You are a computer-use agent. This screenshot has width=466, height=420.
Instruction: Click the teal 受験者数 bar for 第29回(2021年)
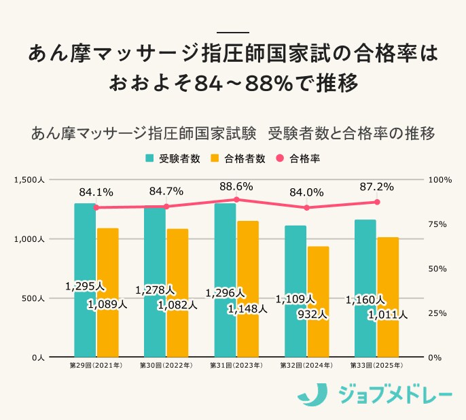85,279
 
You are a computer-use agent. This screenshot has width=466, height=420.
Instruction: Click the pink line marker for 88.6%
236,200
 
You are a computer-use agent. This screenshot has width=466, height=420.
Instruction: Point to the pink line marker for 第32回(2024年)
306,208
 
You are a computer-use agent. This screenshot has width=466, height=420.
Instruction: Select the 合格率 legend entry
298,159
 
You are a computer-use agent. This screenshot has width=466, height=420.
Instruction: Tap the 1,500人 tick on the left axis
29,180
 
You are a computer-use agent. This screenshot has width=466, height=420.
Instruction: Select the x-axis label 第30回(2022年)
166,366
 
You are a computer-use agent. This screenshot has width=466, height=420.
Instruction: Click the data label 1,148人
247,309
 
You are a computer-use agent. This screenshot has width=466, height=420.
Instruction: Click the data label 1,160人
365,299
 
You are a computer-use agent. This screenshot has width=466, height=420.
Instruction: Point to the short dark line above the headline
232,32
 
